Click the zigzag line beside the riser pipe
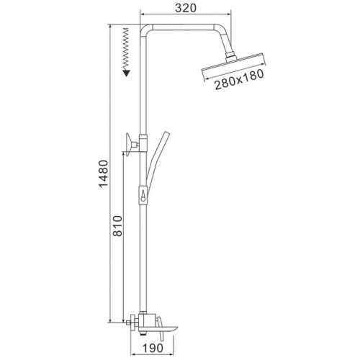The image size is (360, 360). click(x=125, y=47)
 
